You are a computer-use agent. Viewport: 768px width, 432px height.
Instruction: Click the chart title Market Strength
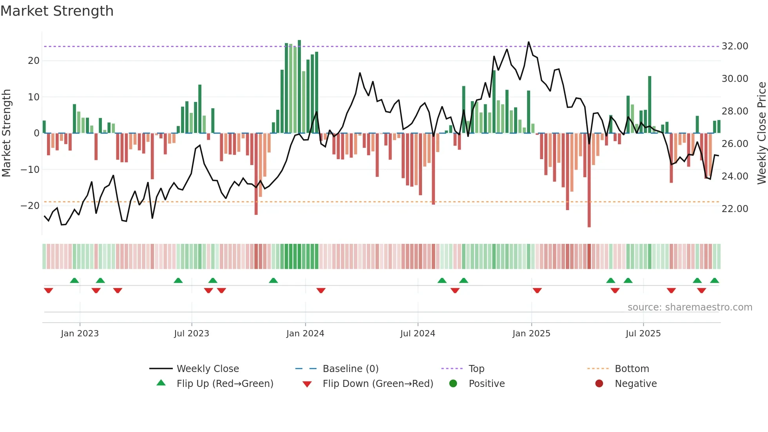[57, 11]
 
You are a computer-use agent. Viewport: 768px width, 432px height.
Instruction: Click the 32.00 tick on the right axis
[735, 46]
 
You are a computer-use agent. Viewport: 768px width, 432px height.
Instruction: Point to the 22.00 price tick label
[735, 209]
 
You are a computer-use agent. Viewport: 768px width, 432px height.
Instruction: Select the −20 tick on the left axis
[30, 206]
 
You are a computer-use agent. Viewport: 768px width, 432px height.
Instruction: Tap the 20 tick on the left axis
[33, 61]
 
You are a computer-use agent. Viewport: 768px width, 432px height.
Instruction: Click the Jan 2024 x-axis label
[305, 334]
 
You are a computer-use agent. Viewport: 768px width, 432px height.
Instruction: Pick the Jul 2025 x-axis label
[643, 334]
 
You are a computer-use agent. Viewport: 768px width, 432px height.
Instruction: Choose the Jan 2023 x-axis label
[80, 334]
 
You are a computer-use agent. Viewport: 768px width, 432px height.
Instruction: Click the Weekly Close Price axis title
[761, 133]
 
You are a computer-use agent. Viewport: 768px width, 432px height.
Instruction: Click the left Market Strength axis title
[6, 133]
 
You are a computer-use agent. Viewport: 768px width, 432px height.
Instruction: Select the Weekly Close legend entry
[208, 369]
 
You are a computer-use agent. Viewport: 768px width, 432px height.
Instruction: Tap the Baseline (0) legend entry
[350, 369]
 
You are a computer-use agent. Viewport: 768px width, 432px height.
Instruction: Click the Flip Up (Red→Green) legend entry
[225, 384]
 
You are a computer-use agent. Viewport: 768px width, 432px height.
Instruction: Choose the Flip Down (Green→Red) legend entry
[378, 384]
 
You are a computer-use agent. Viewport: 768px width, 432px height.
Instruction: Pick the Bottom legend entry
[632, 369]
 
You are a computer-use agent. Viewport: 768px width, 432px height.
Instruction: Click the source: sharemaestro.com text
[690, 307]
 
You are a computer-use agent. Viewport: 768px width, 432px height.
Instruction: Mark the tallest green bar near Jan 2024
[299, 86]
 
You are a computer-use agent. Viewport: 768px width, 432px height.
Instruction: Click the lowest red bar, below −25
[589, 180]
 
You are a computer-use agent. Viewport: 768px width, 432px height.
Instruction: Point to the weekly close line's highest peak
[529, 42]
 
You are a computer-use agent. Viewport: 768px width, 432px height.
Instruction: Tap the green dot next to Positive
[453, 384]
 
